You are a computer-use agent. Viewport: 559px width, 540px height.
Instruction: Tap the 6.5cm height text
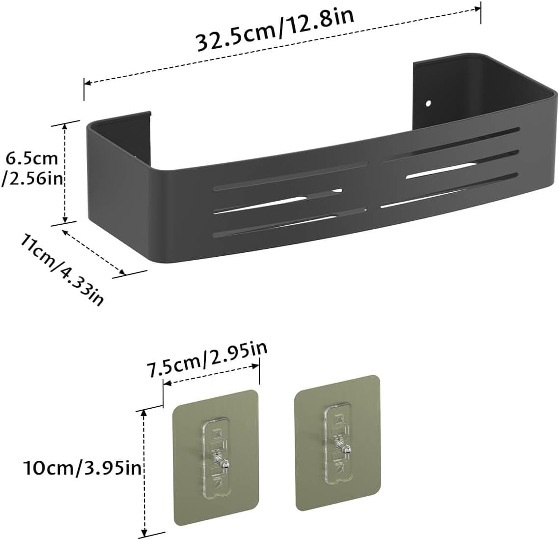(x=32, y=158)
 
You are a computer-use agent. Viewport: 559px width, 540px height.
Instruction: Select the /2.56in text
(x=32, y=179)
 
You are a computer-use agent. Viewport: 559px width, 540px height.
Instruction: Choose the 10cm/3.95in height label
(x=83, y=467)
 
